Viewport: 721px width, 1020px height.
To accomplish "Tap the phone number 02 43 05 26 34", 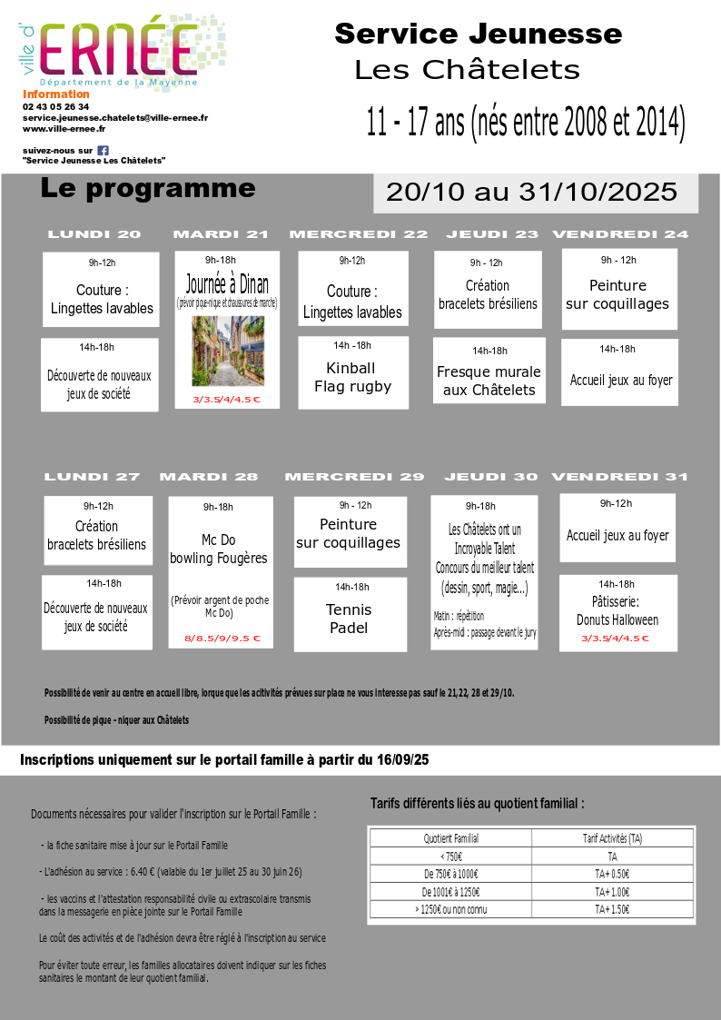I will pyautogui.click(x=56, y=106).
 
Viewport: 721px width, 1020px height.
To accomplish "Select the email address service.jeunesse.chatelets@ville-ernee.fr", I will pyautogui.click(x=115, y=118).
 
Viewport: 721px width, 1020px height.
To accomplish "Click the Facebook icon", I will pyautogui.click(x=104, y=150).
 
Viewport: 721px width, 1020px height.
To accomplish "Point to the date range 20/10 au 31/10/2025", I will pyautogui.click(x=532, y=192).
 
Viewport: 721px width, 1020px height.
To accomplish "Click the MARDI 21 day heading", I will pyautogui.click(x=221, y=234).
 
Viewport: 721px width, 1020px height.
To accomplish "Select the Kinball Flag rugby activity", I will pyautogui.click(x=352, y=377).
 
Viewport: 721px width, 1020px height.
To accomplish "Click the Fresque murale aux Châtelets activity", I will pyautogui.click(x=489, y=381).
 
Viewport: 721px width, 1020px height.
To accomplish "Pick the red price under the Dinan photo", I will pyautogui.click(x=226, y=400).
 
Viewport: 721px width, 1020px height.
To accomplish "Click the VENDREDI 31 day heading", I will pyautogui.click(x=619, y=477).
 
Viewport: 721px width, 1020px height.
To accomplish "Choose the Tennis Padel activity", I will pyautogui.click(x=350, y=619).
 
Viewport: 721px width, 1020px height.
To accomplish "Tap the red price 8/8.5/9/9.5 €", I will pyautogui.click(x=222, y=639).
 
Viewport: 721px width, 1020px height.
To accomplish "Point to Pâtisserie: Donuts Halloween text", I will pyautogui.click(x=617, y=610).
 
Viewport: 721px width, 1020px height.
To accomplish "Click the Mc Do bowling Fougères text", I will pyautogui.click(x=219, y=549).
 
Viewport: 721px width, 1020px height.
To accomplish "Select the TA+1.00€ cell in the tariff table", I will pyautogui.click(x=612, y=892).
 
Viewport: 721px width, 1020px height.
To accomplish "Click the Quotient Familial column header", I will pyautogui.click(x=451, y=838).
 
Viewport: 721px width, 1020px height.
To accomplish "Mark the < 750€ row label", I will pyautogui.click(x=451, y=856).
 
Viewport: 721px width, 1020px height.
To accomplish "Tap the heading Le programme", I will pyautogui.click(x=148, y=188).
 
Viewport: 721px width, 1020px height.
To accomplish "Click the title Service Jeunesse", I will pyautogui.click(x=478, y=35).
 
